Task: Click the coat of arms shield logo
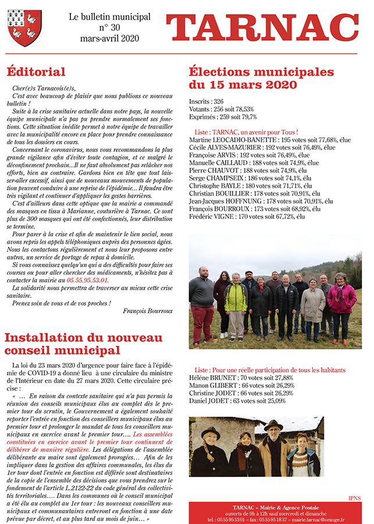point(24,27)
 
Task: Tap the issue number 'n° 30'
point(109,27)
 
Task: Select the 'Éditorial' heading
point(36,72)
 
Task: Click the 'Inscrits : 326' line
point(206,101)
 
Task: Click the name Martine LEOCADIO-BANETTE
point(233,140)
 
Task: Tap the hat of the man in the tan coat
point(272,424)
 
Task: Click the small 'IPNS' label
point(354,498)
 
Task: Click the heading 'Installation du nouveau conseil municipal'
point(79,344)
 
